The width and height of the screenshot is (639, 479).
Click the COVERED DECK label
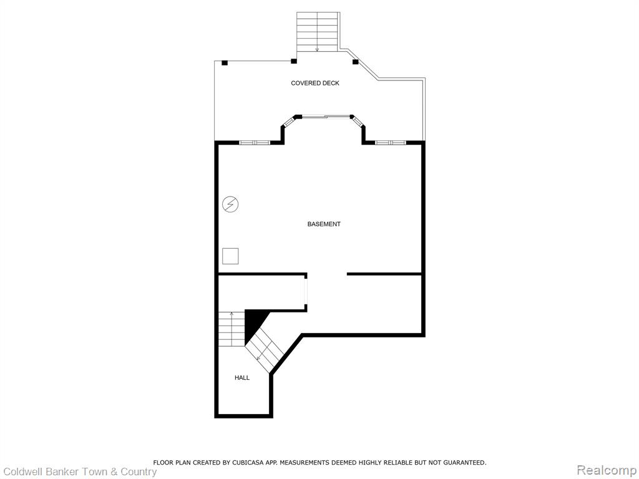(315, 83)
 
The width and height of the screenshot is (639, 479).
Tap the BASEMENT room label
(324, 224)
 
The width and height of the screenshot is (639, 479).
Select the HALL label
(242, 377)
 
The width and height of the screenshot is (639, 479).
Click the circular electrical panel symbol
(230, 204)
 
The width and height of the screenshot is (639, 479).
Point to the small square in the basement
(230, 256)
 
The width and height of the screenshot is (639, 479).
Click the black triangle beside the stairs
(253, 324)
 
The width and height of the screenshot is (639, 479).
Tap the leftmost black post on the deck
(225, 63)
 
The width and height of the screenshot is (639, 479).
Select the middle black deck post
(293, 62)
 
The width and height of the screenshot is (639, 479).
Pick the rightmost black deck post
(355, 62)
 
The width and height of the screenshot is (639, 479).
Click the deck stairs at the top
(318, 32)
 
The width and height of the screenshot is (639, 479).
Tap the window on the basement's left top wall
(255, 143)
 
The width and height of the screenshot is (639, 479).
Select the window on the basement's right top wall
(391, 143)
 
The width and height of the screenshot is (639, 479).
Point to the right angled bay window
(358, 122)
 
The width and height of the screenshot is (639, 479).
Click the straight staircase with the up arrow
(232, 329)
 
